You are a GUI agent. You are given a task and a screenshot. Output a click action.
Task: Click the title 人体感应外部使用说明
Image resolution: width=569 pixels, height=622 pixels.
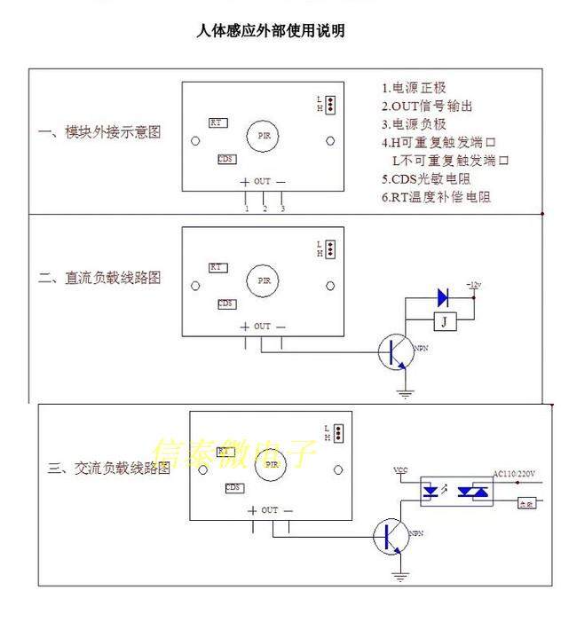tap(271, 31)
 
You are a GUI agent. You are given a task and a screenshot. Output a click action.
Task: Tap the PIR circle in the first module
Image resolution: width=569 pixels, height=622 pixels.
tap(263, 135)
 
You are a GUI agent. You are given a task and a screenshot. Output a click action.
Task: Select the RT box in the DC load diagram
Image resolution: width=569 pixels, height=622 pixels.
tap(217, 267)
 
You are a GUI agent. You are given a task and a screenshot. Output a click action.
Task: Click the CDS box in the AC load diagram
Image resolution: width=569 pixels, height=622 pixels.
tap(233, 488)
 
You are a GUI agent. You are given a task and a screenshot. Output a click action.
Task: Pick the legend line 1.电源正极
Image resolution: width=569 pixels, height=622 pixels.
tap(415, 88)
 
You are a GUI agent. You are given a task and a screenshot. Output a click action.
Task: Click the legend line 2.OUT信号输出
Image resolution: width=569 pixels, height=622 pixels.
tap(428, 106)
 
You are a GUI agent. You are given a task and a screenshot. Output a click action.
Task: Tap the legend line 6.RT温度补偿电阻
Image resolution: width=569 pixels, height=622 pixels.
tap(437, 198)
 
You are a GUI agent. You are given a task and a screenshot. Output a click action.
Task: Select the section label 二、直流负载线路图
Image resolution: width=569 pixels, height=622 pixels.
tap(100, 278)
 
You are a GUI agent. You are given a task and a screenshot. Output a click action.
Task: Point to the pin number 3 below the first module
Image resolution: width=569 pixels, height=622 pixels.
tap(282, 209)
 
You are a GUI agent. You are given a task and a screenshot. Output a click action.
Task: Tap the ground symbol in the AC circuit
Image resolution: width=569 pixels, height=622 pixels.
tap(400, 578)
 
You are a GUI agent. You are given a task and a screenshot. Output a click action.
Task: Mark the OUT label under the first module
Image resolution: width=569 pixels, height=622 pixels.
tap(262, 181)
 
